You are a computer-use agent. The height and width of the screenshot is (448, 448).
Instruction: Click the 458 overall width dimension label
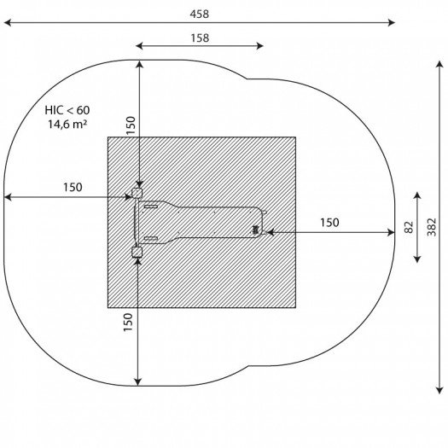click(x=200, y=14)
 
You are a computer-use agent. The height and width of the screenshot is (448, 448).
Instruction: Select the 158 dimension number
click(x=200, y=38)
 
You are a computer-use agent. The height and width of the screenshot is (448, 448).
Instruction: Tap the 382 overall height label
click(x=432, y=227)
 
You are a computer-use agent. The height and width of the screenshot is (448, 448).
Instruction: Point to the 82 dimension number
click(x=409, y=227)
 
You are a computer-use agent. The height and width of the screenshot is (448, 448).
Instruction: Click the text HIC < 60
click(x=67, y=110)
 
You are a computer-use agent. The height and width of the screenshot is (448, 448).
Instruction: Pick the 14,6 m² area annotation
click(x=67, y=125)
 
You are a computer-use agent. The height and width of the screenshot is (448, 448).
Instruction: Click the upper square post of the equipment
click(x=137, y=193)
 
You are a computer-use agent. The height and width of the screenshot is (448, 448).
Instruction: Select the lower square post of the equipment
click(x=137, y=252)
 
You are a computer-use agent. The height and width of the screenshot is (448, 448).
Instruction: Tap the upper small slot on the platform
click(x=151, y=207)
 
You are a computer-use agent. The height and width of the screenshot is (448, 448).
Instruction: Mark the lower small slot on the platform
click(x=151, y=238)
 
